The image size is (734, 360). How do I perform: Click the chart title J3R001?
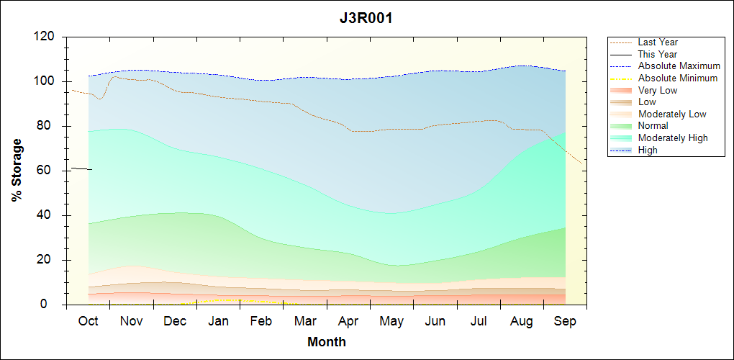point(366,19)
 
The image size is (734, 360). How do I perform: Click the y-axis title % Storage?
point(17,174)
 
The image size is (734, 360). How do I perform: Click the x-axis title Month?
point(327,342)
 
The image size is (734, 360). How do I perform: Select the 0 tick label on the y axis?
point(52,305)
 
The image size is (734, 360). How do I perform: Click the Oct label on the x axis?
point(88,321)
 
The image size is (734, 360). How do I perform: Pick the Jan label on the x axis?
point(218,321)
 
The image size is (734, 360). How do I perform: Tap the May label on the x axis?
point(391,321)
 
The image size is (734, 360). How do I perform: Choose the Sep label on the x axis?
point(565,321)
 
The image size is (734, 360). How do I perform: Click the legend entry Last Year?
point(658,42)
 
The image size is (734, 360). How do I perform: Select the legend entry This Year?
point(658,54)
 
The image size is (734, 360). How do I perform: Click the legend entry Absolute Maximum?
point(679,66)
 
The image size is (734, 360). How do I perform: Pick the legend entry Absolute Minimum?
point(678,78)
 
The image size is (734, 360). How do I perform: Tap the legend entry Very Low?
point(658,90)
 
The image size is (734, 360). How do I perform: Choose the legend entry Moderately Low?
point(672,114)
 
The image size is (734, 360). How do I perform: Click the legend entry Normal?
point(653,126)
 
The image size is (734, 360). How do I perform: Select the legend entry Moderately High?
point(673,138)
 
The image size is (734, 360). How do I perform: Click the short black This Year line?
point(81,168)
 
